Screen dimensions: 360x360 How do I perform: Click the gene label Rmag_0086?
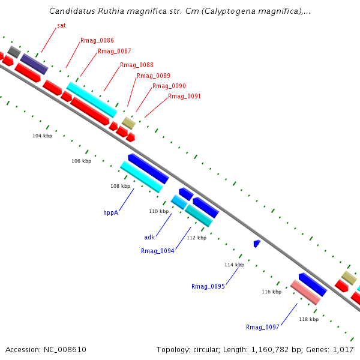tap(97, 40)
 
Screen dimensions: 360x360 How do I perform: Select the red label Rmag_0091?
tap(184, 96)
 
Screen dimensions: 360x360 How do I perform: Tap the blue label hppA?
tap(110, 212)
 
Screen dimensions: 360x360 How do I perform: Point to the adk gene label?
tap(149, 237)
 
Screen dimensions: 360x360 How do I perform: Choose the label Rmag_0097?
tap(262, 327)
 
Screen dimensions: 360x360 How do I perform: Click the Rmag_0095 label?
tap(208, 286)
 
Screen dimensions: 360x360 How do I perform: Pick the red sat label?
tap(61, 26)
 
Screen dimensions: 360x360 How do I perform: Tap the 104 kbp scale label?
tap(42, 136)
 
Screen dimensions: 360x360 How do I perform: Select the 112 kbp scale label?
tap(196, 238)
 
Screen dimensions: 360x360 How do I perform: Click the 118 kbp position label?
tap(308, 319)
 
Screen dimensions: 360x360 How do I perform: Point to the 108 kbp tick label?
tap(120, 186)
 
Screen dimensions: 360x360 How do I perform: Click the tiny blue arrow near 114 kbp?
tap(257, 243)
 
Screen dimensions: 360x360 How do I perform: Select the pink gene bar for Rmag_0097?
tap(305, 292)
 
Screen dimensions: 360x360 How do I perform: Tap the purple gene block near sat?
tap(34, 64)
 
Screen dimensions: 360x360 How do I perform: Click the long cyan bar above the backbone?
tap(91, 100)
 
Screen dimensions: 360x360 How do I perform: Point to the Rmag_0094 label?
tap(157, 251)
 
